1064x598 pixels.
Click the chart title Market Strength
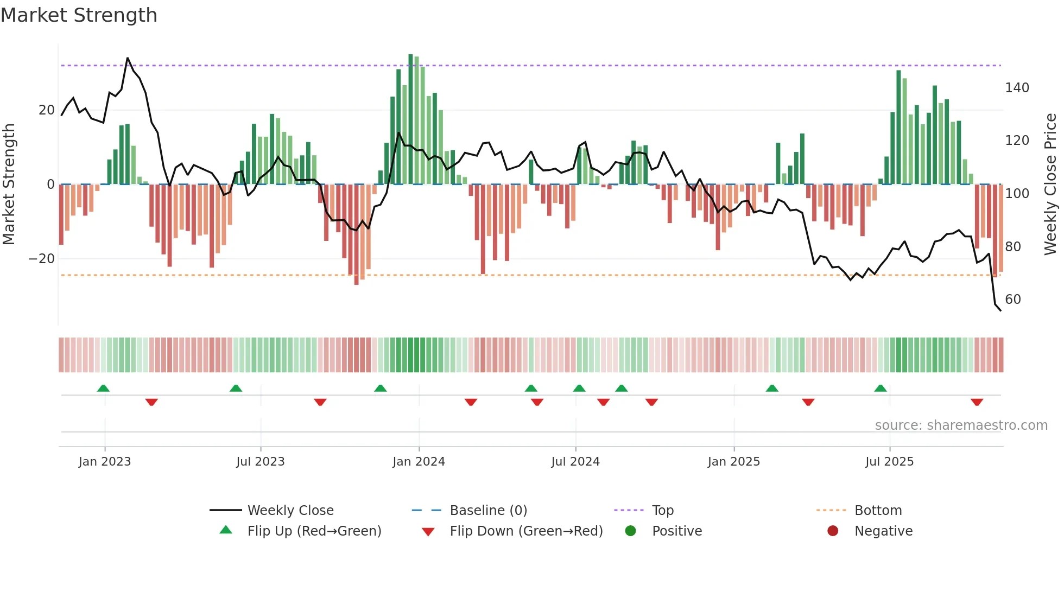(x=79, y=15)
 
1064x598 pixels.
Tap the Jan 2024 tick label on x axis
(x=419, y=462)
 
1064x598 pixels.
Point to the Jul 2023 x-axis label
(x=260, y=462)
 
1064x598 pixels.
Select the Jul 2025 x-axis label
(x=889, y=462)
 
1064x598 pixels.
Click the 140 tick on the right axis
(x=1016, y=88)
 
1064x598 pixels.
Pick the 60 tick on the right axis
(x=1012, y=300)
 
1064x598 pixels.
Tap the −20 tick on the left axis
(x=42, y=259)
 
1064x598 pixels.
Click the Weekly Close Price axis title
(x=1050, y=185)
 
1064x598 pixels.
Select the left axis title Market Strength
(x=9, y=185)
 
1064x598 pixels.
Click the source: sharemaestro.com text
(x=961, y=425)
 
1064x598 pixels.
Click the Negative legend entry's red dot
(x=832, y=531)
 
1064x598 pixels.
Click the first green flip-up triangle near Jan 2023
(x=103, y=389)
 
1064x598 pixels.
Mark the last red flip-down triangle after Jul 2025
(x=977, y=402)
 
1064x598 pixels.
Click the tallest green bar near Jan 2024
(x=410, y=119)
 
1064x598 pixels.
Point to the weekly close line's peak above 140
(x=128, y=58)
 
